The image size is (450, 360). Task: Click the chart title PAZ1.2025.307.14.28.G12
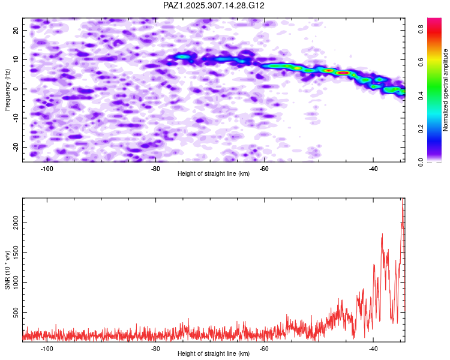pos(214,5)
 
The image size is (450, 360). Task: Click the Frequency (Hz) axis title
pos(8,89)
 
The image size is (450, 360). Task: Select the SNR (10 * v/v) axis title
pos(8,269)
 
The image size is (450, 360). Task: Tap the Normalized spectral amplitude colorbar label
pos(446,90)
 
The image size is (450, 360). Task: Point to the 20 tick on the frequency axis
pos(16,30)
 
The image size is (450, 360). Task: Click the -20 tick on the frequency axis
pos(14,147)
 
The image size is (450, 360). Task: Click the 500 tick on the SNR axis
pos(13,313)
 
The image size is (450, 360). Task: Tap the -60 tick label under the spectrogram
pos(264,168)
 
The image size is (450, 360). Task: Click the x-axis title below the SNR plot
pos(214,354)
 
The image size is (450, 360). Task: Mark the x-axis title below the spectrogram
pos(214,174)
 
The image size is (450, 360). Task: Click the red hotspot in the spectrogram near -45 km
pos(343,73)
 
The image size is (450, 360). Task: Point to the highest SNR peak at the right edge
pos(403,199)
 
